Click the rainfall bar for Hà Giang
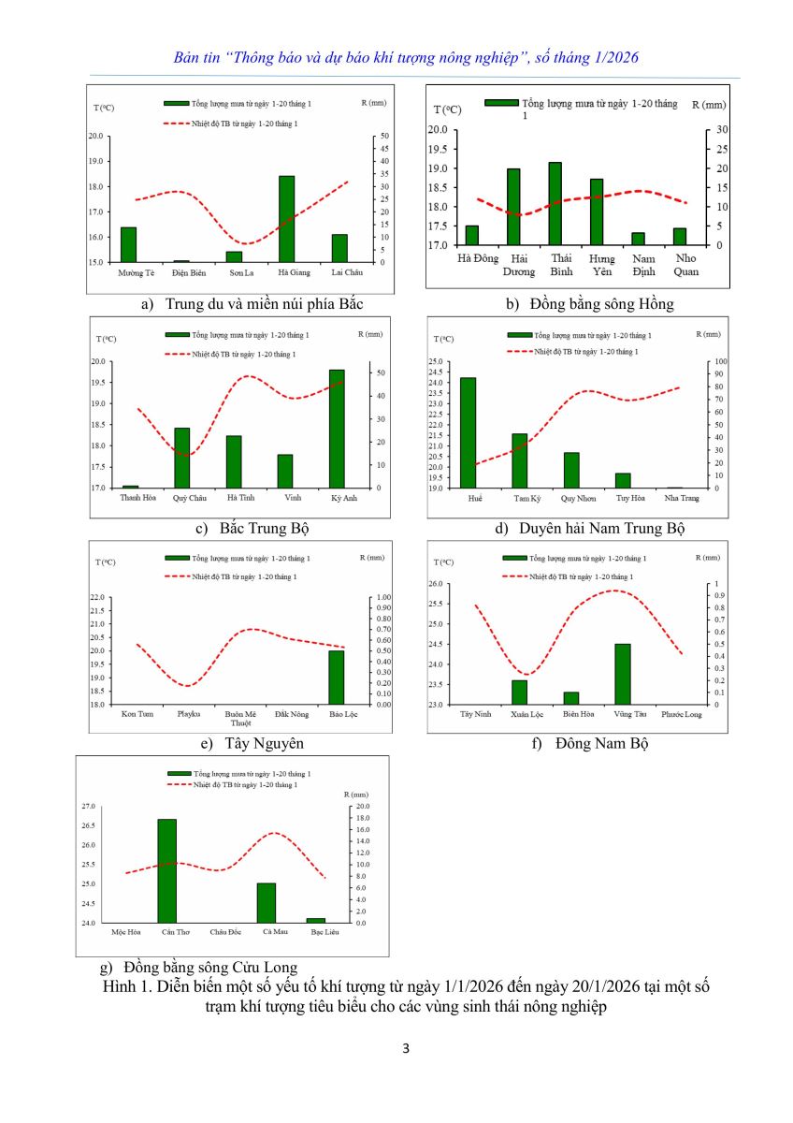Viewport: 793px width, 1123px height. pyautogui.click(x=286, y=219)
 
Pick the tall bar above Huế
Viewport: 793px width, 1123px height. pyautogui.click(x=468, y=432)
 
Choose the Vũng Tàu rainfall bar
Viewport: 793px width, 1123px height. pyautogui.click(x=623, y=674)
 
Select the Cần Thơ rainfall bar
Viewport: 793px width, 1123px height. pyautogui.click(x=167, y=871)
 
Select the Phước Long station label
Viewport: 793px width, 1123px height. pyautogui.click(x=681, y=714)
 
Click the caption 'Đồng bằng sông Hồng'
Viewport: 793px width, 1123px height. pyautogui.click(x=600, y=304)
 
